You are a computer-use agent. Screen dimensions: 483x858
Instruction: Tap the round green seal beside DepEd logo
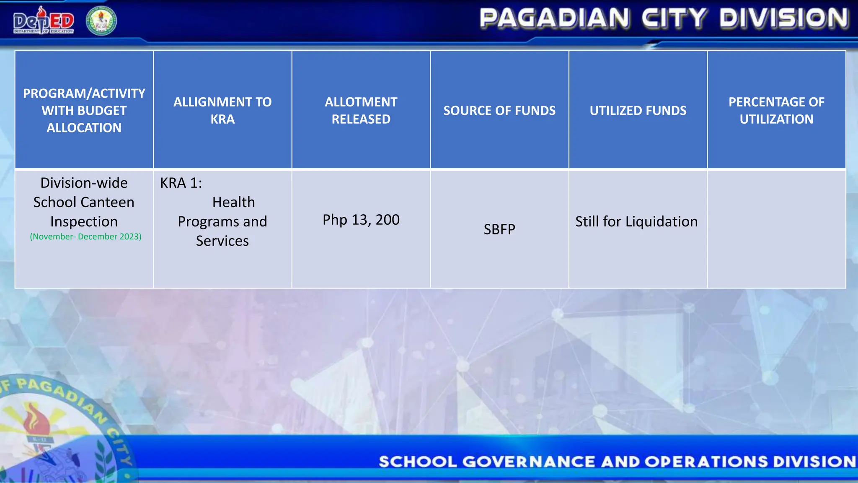[101, 21]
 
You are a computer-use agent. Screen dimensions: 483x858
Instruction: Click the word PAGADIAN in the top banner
[554, 19]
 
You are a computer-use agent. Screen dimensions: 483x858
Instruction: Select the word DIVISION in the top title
[784, 19]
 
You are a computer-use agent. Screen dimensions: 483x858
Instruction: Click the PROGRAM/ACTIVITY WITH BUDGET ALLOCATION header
[84, 110]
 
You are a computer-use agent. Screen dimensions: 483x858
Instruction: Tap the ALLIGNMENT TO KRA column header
[222, 110]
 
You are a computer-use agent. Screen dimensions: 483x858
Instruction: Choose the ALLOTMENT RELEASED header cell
[361, 110]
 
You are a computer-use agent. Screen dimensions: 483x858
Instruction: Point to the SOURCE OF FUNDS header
[499, 110]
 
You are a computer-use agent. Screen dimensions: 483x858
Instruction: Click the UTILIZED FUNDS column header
[638, 110]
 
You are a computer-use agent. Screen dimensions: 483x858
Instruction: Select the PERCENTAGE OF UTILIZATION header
[776, 110]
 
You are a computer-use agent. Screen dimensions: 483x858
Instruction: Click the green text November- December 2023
[85, 236]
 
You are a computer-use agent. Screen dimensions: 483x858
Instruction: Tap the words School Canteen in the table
[84, 202]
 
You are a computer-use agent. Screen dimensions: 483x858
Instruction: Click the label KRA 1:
[181, 183]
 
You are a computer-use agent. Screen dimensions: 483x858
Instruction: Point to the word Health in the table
[233, 202]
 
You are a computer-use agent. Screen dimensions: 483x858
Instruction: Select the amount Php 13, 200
[361, 220]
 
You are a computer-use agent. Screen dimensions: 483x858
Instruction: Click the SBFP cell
[499, 229]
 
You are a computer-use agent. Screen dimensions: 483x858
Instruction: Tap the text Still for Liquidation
[636, 221]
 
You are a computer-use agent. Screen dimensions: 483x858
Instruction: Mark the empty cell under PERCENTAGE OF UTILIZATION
[776, 229]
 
